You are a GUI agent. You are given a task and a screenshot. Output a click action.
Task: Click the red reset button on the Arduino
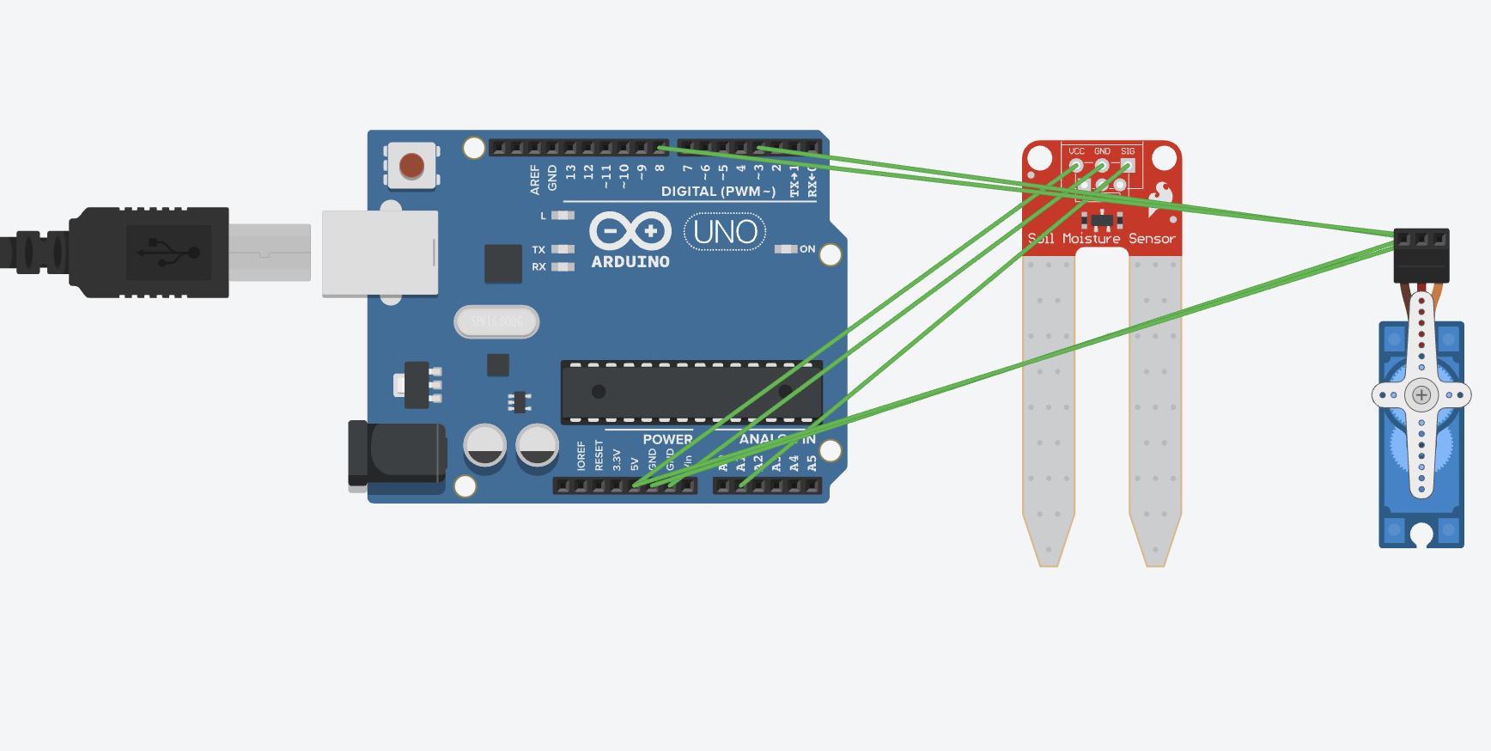tap(411, 165)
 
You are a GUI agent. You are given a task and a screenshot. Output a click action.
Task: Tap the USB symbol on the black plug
tap(168, 253)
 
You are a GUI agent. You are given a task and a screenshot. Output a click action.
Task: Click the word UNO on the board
tap(725, 232)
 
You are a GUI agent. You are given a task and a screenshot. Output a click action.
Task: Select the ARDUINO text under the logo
tap(630, 262)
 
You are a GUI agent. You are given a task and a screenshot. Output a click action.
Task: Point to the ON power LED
tap(785, 249)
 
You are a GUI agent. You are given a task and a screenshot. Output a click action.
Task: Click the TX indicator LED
tap(563, 249)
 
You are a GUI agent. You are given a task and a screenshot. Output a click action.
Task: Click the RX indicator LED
tap(563, 267)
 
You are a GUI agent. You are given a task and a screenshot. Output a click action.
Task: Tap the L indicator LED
tap(563, 215)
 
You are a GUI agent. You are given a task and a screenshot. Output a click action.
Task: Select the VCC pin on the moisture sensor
tap(1076, 165)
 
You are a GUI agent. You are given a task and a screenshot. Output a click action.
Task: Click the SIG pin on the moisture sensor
tap(1128, 165)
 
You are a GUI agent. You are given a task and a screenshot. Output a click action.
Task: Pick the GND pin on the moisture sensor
tap(1102, 165)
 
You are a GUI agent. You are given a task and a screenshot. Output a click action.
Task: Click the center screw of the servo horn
tap(1421, 395)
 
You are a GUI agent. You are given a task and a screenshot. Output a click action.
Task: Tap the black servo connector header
tap(1421, 254)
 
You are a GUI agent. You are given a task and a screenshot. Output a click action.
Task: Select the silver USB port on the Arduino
tap(380, 253)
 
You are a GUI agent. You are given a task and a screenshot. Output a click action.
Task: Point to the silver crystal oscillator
tap(496, 321)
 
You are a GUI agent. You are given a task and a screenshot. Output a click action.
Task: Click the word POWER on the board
tap(667, 439)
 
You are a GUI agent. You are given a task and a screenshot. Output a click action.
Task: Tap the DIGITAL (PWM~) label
tap(718, 192)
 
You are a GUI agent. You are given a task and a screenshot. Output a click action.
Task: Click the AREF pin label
tap(535, 179)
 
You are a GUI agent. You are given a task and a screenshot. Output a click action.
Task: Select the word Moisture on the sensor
tap(1091, 239)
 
